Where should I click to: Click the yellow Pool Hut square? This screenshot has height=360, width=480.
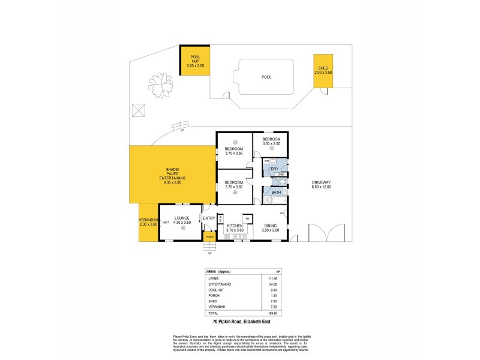pyautogui.click(x=195, y=61)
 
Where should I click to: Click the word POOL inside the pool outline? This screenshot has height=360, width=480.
pyautogui.click(x=266, y=77)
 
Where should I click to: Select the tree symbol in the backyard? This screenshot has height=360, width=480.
pyautogui.click(x=160, y=85)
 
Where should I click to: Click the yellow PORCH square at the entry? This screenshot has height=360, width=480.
pyautogui.click(x=209, y=237)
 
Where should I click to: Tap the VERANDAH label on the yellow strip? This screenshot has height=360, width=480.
pyautogui.click(x=148, y=220)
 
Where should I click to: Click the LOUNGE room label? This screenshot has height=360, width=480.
pyautogui.click(x=182, y=218)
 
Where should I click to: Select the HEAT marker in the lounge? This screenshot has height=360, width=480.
pyautogui.click(x=165, y=223)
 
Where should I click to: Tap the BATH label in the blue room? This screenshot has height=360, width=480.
pyautogui.click(x=276, y=192)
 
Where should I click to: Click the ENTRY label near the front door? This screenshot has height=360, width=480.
pyautogui.click(x=209, y=218)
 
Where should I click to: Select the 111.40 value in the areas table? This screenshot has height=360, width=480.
pyautogui.click(x=274, y=278)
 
